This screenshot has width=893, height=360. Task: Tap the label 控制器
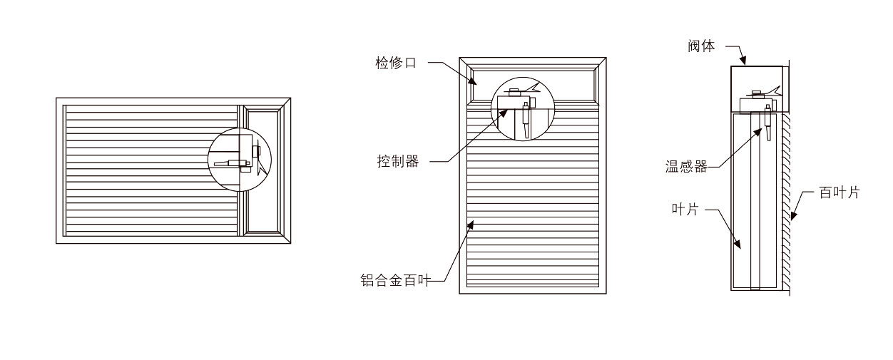point(397,161)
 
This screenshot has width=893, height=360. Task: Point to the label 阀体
point(702,47)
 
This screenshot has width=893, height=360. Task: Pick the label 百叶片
point(839,192)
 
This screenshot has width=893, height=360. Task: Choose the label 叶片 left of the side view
point(685,210)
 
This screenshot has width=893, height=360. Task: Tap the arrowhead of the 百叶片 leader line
point(792,215)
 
